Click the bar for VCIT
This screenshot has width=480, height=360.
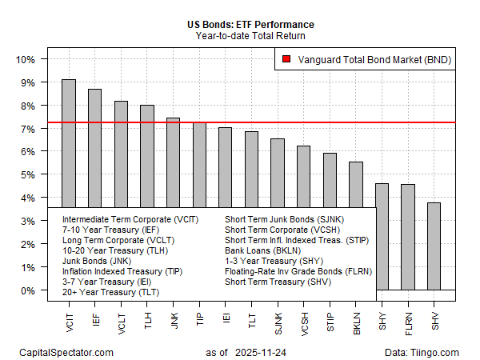[69, 143]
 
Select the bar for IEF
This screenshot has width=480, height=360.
[94, 148]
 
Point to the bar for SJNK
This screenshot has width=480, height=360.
[278, 172]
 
